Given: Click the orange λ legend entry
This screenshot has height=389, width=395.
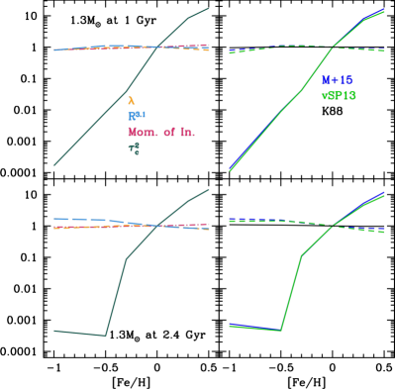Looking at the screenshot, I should coord(131,101).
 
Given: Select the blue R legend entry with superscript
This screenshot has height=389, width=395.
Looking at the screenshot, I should coord(136,116).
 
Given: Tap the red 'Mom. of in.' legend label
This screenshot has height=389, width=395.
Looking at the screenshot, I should coord(161,132).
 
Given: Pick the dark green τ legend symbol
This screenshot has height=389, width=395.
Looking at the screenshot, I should coord(134,148).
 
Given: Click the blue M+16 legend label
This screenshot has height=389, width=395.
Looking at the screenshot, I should coord(337,80).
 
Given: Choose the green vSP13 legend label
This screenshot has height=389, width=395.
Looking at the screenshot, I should coord(339,96).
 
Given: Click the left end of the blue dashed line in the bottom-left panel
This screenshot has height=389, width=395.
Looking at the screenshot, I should coord(54,219).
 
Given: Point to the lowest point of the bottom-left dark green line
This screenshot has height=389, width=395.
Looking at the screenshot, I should coord(105,336).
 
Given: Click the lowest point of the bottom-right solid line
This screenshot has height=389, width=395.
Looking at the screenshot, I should coord(281,331).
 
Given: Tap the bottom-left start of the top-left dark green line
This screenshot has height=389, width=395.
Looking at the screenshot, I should coord(54,164).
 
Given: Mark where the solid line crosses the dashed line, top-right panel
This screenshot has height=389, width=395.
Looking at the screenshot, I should coord(333,47).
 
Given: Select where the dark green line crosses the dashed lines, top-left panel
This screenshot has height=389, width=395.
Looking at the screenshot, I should coord(157,47).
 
